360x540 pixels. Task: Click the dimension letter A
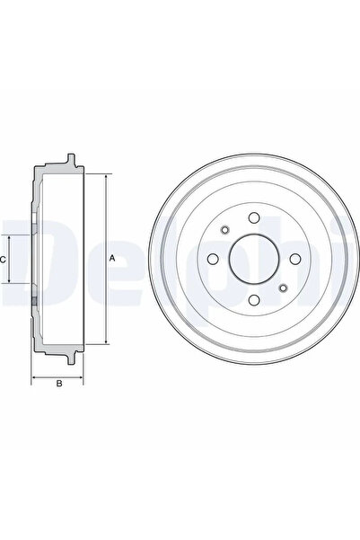click(112, 259)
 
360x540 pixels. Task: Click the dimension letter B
click(59, 385)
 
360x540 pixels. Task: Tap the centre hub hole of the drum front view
click(252, 259)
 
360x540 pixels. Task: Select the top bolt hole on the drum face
click(252, 217)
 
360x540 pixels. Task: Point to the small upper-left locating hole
click(223, 230)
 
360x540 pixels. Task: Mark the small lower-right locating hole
click(282, 288)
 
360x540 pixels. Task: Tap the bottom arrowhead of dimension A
click(106, 341)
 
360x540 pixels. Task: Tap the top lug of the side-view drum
click(70, 161)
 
